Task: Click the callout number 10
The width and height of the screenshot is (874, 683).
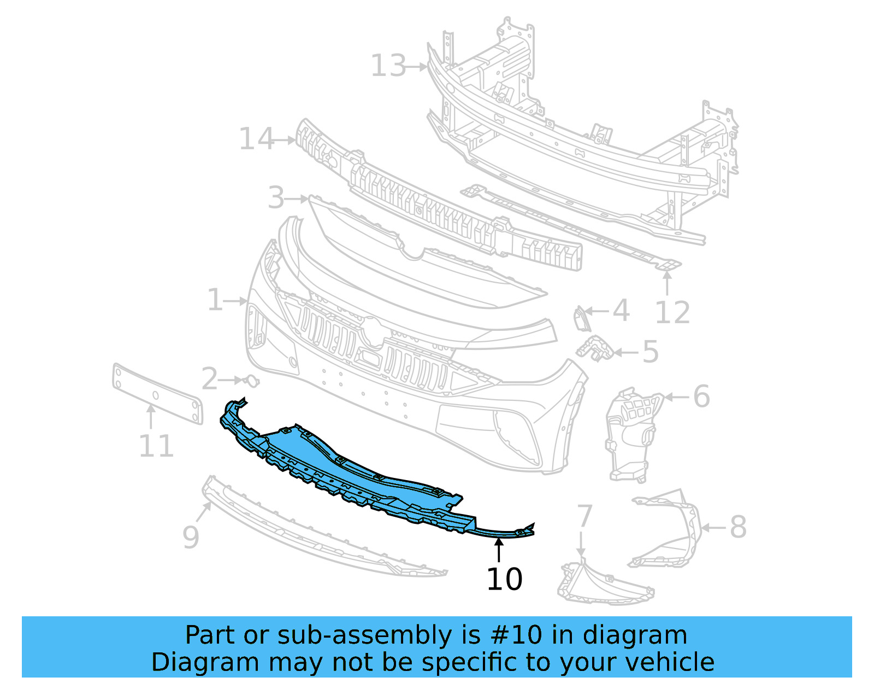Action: click(504, 579)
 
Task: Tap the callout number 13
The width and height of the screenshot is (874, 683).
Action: click(388, 66)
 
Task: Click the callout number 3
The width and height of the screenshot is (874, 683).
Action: click(276, 197)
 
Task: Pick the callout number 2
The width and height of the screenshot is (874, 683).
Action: click(209, 379)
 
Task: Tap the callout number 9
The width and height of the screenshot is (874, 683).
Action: click(191, 537)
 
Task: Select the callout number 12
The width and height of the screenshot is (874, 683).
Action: click(672, 313)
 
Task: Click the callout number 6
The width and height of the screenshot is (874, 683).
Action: click(701, 396)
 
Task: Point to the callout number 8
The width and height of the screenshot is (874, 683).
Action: click(738, 527)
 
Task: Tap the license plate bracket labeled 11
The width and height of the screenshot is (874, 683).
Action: click(157, 392)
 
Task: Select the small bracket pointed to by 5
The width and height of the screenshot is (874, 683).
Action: click(595, 349)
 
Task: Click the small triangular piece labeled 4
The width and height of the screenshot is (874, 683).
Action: click(580, 319)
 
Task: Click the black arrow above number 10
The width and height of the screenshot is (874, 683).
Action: click(499, 549)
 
